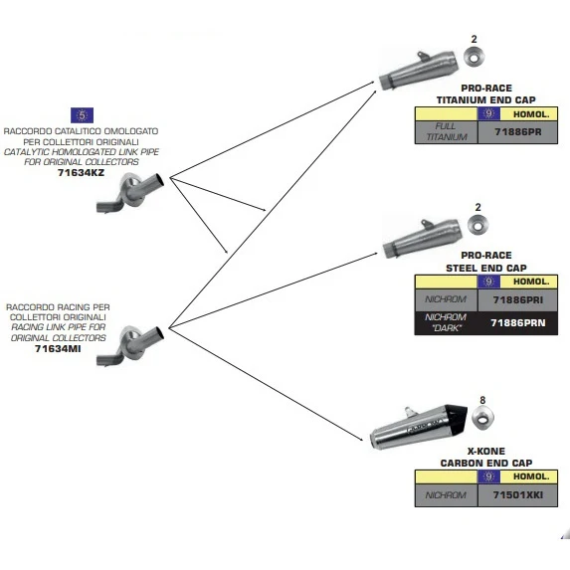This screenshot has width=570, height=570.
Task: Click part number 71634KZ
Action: (x=81, y=172)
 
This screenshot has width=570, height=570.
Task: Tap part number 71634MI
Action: (x=58, y=348)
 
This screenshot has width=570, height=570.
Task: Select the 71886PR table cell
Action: (x=517, y=132)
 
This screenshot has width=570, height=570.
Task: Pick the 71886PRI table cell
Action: (x=517, y=299)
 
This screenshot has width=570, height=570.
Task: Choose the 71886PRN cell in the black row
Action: (x=517, y=323)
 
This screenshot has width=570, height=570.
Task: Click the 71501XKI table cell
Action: (x=517, y=494)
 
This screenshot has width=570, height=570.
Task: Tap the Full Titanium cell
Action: (x=447, y=132)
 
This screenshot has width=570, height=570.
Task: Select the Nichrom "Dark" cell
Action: (x=447, y=323)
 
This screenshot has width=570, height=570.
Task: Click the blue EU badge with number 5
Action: (x=82, y=115)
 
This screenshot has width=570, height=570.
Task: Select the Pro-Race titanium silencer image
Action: (x=418, y=71)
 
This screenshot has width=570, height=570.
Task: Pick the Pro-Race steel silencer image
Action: (x=422, y=238)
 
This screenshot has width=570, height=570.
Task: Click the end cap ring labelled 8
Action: (x=482, y=417)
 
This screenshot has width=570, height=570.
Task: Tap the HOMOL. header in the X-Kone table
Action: (x=531, y=476)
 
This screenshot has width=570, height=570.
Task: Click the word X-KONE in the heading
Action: (x=486, y=452)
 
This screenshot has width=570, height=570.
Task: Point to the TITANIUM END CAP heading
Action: (x=486, y=99)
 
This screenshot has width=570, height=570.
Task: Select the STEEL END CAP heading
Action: (x=486, y=269)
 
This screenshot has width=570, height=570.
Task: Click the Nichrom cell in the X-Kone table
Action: (x=447, y=494)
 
